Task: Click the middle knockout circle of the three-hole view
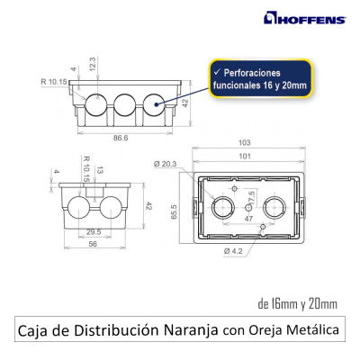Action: [x=123, y=106]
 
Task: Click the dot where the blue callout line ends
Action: [x=157, y=105]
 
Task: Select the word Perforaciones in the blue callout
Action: [x=252, y=69]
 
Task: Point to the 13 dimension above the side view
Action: [x=98, y=170]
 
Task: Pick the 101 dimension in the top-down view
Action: [x=243, y=155]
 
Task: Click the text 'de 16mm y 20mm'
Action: [x=297, y=302]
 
